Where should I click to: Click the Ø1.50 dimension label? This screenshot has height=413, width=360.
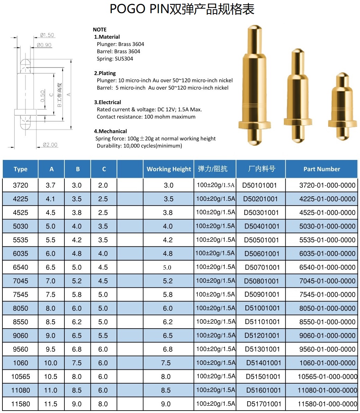click(x=47, y=35)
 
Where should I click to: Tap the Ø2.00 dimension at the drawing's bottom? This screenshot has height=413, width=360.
click(x=50, y=145)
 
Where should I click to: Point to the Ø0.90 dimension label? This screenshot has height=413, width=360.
click(x=44, y=45)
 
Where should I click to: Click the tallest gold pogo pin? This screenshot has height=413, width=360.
click(x=255, y=83)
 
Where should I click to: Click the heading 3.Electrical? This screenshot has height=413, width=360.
click(x=107, y=102)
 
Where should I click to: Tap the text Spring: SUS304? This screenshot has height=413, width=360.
click(x=115, y=59)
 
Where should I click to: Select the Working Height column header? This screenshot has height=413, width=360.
click(x=169, y=169)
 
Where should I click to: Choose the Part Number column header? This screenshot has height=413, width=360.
click(x=322, y=169)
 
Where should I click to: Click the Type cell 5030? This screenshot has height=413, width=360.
click(x=20, y=226)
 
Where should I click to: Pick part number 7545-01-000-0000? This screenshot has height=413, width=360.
click(x=327, y=295)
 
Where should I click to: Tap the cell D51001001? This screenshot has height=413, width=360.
click(x=262, y=308)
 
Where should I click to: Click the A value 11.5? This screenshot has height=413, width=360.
click(x=51, y=404)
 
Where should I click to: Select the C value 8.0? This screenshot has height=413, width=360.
click(x=103, y=404)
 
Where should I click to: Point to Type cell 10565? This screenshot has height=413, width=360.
click(x=20, y=377)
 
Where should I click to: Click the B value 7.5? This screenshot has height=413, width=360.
click(x=77, y=363)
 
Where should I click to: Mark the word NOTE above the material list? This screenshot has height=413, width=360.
click(x=100, y=29)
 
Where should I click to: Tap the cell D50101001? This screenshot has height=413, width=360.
click(x=260, y=185)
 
